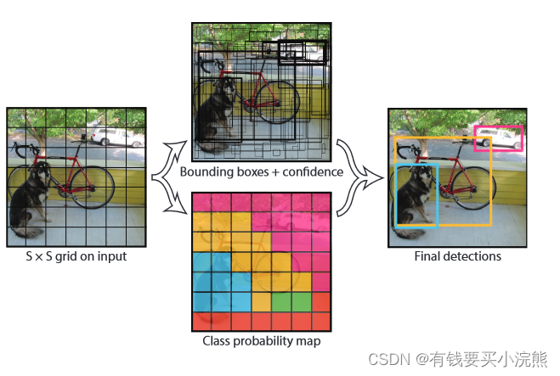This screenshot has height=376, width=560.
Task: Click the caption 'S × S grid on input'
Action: click(x=76, y=256)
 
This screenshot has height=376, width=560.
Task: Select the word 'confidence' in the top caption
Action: click(x=308, y=172)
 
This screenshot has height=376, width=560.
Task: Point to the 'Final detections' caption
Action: click(x=457, y=256)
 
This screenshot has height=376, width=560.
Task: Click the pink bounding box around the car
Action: click(x=498, y=127)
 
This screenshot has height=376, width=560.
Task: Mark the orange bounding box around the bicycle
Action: click(x=490, y=182)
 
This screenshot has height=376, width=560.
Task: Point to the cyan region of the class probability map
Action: click(x=211, y=280)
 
